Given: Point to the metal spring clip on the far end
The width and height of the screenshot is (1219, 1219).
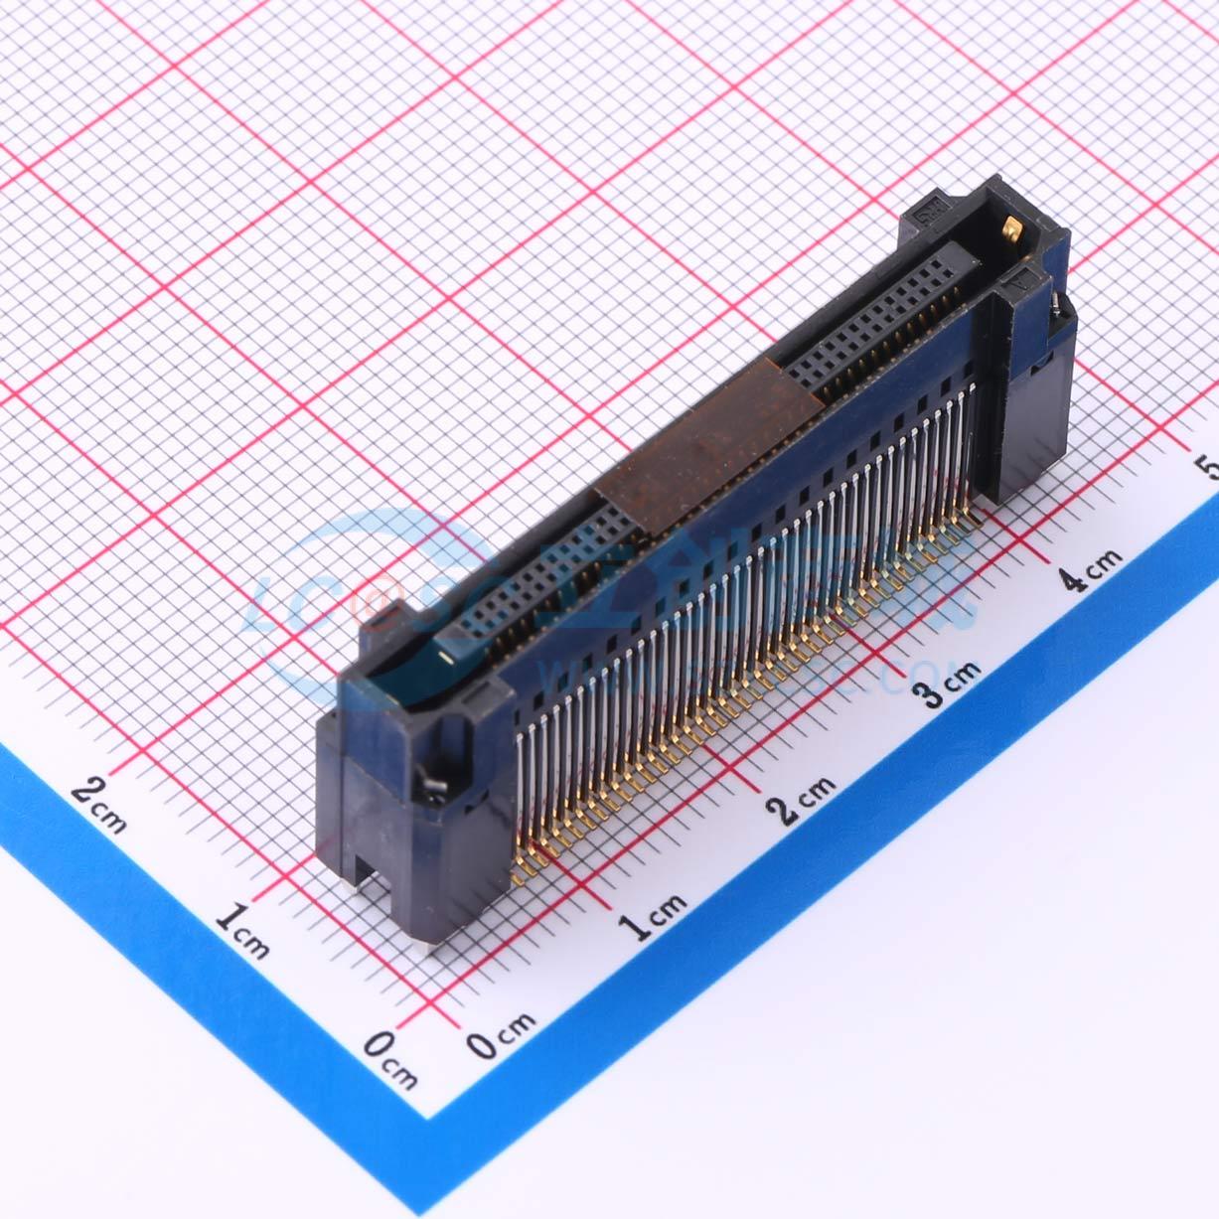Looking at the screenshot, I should pos(1054,302).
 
